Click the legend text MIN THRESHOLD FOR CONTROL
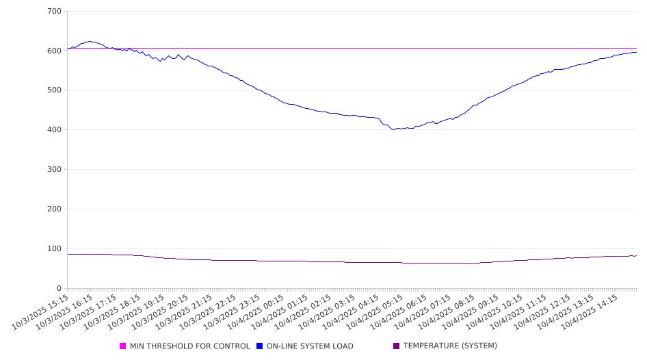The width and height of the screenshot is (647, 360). coord(189,346)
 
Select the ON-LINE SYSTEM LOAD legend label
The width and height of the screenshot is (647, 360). coord(310,346)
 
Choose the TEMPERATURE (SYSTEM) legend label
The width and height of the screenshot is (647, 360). coord(450,346)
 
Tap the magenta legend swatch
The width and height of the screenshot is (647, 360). coord(123,346)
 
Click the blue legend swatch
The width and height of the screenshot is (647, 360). coord(260,346)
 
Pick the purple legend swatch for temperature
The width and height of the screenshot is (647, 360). coord(397,346)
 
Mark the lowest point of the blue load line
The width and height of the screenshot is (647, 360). coord(393,129)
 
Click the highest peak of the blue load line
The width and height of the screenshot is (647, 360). coord(90,41)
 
